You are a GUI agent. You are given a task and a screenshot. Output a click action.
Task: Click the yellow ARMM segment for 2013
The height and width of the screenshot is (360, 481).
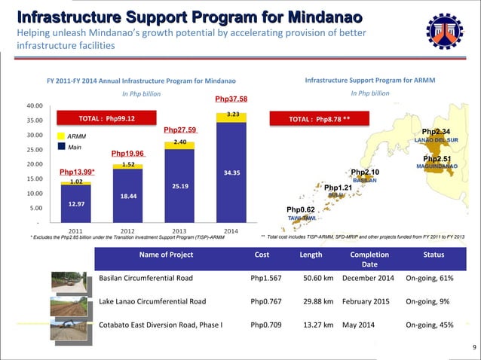click(179, 142)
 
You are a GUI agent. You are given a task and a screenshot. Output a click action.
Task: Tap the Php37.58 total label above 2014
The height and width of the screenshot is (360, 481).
click(231, 99)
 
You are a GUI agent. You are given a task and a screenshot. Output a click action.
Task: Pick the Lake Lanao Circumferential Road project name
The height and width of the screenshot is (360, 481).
click(152, 302)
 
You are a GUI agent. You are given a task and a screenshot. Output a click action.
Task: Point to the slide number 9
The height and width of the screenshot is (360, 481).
click(473, 347)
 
